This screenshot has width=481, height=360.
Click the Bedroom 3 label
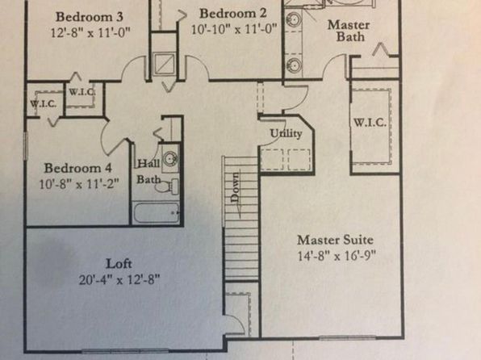point(90,17)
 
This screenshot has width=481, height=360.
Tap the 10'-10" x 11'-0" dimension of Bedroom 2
point(234,29)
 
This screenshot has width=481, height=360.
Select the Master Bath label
point(349,31)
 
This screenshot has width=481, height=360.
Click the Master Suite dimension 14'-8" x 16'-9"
point(337,256)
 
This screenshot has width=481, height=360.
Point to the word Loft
point(119,264)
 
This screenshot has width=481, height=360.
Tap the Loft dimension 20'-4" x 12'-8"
point(119,280)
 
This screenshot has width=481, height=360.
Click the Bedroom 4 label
point(78,168)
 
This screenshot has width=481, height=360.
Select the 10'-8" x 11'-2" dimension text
point(79,185)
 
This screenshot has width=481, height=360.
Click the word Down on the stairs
point(236,187)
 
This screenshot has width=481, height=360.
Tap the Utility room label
point(286,133)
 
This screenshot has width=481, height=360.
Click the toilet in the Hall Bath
point(167,186)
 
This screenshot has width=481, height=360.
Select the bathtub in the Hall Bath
point(157,212)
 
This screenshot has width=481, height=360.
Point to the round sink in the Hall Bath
point(170,159)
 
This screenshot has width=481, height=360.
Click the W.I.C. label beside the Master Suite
point(370,123)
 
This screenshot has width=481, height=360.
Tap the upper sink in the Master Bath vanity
point(293,20)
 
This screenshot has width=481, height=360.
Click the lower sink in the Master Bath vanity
point(293,65)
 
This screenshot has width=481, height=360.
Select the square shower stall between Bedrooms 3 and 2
point(165,64)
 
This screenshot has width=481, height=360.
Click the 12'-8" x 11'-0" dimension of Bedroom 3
point(90,32)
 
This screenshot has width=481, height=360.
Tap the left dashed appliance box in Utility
point(272,160)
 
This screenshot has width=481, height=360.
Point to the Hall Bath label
point(148,171)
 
